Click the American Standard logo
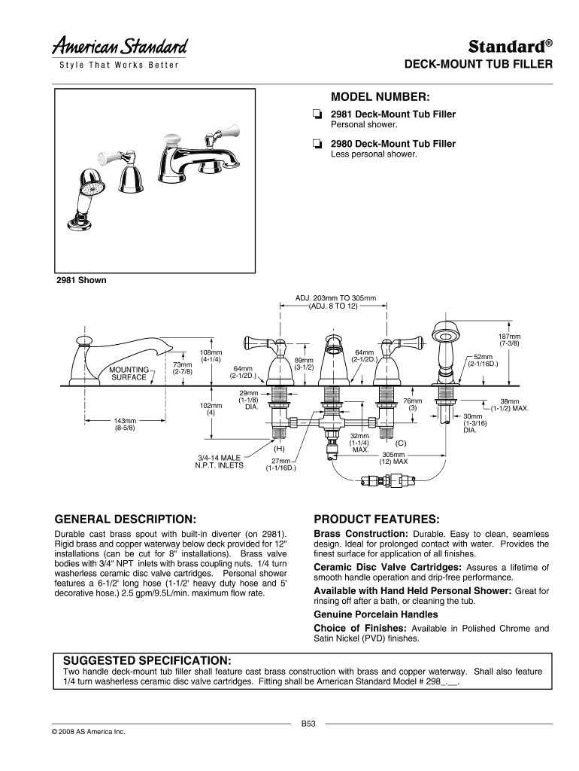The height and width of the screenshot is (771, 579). (120, 47)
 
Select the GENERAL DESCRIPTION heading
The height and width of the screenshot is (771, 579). (126, 520)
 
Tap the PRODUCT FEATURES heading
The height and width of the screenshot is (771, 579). (376, 520)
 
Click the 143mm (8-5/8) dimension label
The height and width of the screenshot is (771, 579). (124, 424)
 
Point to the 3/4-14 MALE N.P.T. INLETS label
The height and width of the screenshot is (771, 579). (220, 461)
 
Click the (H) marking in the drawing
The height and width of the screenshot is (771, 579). (287, 449)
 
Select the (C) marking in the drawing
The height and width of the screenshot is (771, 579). (401, 443)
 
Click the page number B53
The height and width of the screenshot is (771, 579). (308, 724)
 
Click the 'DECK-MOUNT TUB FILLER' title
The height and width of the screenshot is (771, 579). (479, 65)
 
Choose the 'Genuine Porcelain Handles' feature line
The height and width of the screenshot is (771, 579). (365, 614)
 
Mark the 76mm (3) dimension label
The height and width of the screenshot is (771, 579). (412, 404)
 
